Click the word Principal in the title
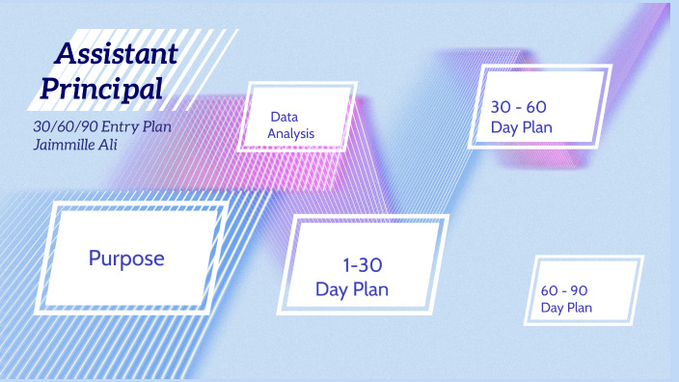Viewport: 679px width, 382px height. (x=100, y=89)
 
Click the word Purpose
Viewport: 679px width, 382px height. (x=126, y=259)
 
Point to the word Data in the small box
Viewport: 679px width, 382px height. (x=284, y=117)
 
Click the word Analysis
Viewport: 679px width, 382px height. (x=291, y=134)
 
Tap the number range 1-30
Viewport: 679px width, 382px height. (x=364, y=265)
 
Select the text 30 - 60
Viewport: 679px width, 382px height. (x=519, y=107)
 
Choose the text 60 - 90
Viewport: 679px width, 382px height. (x=564, y=290)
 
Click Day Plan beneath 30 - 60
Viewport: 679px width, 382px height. (x=521, y=128)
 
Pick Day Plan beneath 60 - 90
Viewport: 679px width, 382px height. (x=566, y=308)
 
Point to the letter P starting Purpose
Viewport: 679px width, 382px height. (x=95, y=259)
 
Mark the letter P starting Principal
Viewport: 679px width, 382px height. (x=48, y=89)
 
